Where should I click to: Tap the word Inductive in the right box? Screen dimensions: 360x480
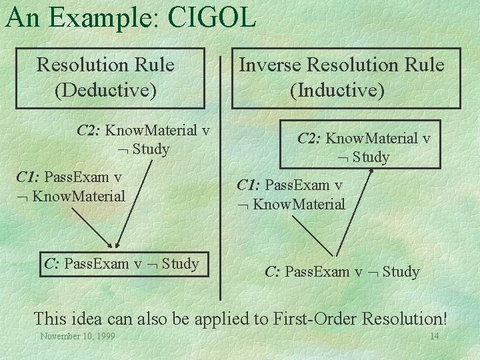point(337,89)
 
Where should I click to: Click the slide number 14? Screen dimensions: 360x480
point(434,336)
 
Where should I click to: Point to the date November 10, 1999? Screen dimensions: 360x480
point(77,336)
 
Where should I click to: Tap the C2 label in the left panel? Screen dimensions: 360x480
point(88,130)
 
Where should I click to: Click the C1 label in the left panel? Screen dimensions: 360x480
point(28,177)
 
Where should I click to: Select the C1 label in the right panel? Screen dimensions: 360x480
point(249,185)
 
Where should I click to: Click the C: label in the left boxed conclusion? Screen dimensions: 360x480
point(52,264)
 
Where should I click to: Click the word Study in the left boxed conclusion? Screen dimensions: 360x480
point(180,264)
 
